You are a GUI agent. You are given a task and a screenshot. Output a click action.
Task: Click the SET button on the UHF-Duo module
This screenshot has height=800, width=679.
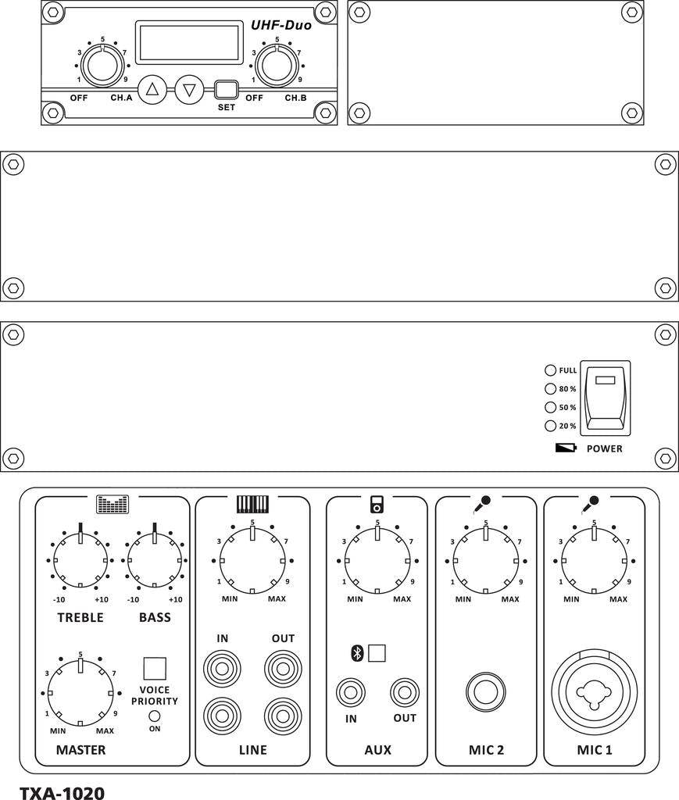[226, 88]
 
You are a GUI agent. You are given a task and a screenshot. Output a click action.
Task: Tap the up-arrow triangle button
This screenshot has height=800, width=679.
[152, 89]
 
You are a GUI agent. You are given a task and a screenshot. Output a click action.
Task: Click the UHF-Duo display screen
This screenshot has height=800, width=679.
[188, 43]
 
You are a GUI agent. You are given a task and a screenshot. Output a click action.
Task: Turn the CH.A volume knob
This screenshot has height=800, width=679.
[103, 66]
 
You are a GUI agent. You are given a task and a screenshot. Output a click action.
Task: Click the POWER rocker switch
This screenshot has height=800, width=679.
[605, 398]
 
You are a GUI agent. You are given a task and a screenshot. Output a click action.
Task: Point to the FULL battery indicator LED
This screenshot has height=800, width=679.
[550, 370]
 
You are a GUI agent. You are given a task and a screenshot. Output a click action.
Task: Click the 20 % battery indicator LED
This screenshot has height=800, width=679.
[550, 426]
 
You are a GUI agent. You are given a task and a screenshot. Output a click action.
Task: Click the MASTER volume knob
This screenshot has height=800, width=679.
[80, 692]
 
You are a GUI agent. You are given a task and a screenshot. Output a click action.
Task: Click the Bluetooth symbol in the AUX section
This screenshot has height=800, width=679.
[357, 653]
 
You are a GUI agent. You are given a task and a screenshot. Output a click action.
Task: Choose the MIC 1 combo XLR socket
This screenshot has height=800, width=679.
[594, 691]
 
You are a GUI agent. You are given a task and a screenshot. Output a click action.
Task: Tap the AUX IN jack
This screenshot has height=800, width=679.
[351, 692]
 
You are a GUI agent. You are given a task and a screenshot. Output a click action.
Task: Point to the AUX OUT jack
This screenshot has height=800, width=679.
[405, 692]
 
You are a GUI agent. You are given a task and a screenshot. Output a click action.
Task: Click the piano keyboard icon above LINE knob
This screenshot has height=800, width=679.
[252, 504]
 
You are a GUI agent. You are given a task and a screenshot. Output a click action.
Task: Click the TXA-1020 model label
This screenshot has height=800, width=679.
[62, 792]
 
